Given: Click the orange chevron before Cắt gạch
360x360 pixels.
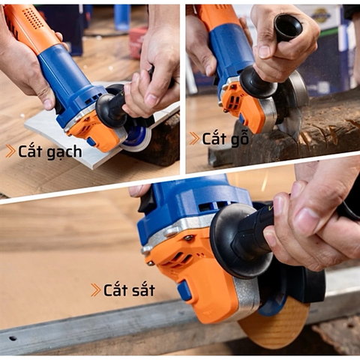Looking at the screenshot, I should pos(10,151).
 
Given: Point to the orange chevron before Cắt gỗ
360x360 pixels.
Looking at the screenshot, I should pos(195,138).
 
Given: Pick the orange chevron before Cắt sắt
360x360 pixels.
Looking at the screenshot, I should pos(95,289).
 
